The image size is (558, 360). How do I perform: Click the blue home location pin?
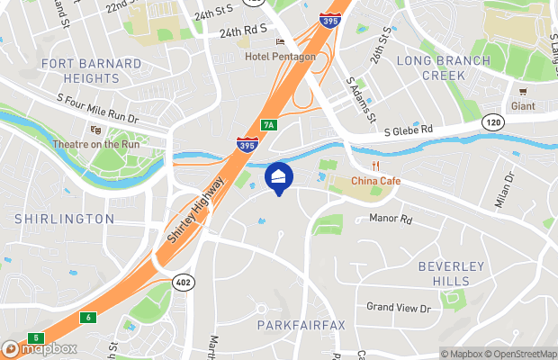click(279, 176)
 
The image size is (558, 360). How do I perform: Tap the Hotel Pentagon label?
click(280, 57)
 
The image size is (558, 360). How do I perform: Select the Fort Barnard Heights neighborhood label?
click(91, 70)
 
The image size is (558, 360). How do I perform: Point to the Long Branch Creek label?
click(444, 68)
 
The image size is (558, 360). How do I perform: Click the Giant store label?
click(522, 105)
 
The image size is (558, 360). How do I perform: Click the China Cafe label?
click(375, 181)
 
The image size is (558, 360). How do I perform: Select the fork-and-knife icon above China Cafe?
click(377, 166)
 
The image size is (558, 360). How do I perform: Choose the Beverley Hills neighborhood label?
click(451, 274)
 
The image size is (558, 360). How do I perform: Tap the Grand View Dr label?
click(399, 307)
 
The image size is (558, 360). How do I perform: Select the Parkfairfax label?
click(301, 324)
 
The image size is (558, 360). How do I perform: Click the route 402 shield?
click(184, 281)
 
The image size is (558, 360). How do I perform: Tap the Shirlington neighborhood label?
click(64, 219)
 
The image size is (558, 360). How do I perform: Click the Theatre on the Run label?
click(95, 144)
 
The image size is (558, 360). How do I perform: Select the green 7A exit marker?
click(268, 124)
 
